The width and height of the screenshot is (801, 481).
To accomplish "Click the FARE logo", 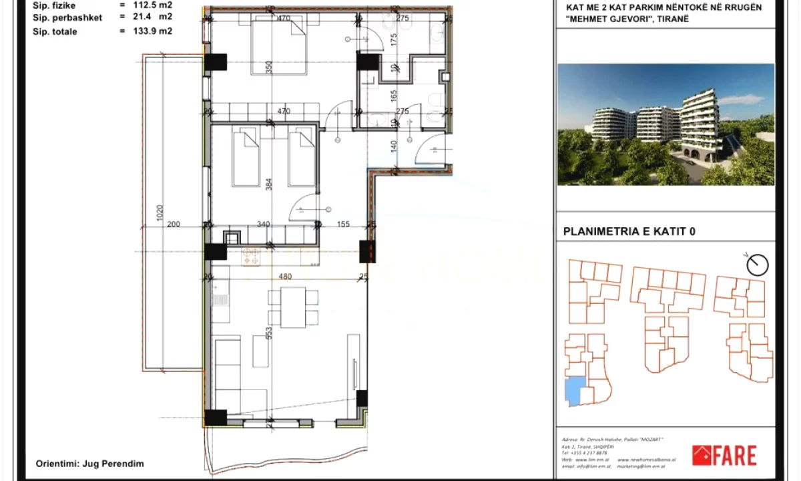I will (x=724, y=456).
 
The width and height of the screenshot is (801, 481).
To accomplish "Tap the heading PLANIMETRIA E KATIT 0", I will (x=629, y=232).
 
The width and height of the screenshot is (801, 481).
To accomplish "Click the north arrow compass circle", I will (x=758, y=265).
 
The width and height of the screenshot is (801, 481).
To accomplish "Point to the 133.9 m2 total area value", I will (x=152, y=31).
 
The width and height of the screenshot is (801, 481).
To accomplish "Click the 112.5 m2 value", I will (x=152, y=5).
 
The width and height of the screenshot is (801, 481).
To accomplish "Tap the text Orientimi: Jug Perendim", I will (x=89, y=463).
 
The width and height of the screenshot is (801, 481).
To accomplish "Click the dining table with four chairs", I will (x=293, y=307).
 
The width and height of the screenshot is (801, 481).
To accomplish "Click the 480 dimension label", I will (x=285, y=277).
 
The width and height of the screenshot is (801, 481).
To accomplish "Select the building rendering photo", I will (x=665, y=124).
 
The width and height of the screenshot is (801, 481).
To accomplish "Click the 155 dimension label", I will (x=343, y=224).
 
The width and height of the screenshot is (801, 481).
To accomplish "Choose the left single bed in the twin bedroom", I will (x=246, y=158).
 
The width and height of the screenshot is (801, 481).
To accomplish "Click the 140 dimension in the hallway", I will (x=394, y=144).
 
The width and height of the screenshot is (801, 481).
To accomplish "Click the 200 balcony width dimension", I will (x=173, y=224).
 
